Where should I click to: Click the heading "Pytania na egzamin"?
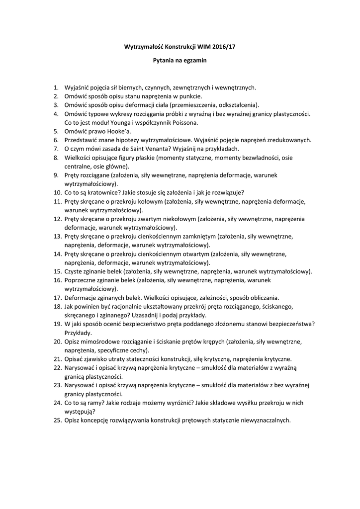point(179,61)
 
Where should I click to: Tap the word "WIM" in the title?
point(202,46)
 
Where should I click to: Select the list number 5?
point(56,131)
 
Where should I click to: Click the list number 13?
point(56,236)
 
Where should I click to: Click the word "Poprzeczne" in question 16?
point(82,280)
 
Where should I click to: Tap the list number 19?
point(56,324)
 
